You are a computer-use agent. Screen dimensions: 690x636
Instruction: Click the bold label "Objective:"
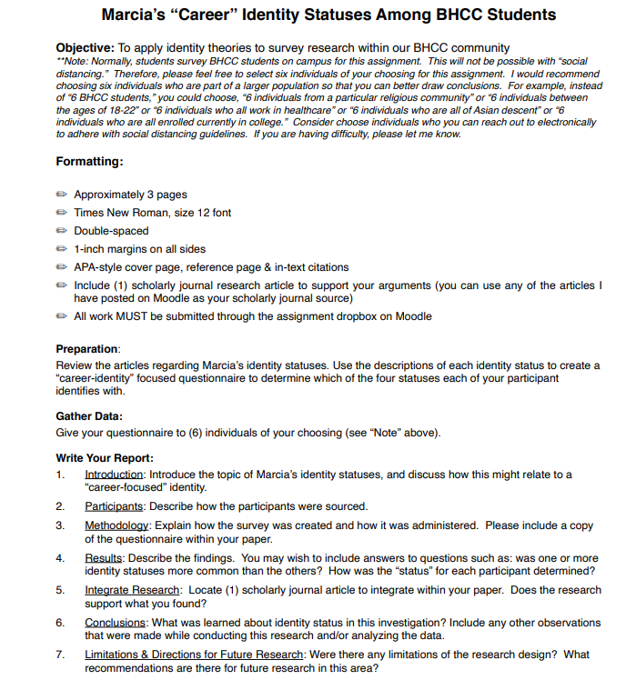[x=85, y=47]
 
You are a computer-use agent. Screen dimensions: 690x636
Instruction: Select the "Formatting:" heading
[x=89, y=162]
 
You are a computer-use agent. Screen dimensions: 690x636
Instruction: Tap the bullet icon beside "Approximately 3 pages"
[x=61, y=195]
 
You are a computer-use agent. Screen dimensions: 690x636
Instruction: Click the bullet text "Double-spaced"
[x=111, y=231]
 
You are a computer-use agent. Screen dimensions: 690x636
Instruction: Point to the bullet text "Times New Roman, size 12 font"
[x=152, y=213]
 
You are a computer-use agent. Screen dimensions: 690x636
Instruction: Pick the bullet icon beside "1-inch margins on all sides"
[x=61, y=249]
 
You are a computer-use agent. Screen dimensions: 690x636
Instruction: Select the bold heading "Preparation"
[x=87, y=349]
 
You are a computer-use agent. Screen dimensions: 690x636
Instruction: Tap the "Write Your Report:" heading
[x=105, y=457]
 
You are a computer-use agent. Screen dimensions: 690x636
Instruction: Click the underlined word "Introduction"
[x=114, y=475]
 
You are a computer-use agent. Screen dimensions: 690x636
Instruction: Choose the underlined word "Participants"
[x=113, y=506]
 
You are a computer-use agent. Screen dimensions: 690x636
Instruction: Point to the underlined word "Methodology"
[x=116, y=525]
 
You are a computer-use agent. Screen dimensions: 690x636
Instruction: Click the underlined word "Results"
[x=104, y=558]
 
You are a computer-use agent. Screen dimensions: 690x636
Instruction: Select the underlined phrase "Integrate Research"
[x=132, y=590]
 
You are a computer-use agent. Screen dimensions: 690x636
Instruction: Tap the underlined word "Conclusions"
[x=115, y=623]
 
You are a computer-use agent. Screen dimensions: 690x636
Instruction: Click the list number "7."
[x=60, y=655]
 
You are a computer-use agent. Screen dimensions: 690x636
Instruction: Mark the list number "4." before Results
[x=60, y=558]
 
